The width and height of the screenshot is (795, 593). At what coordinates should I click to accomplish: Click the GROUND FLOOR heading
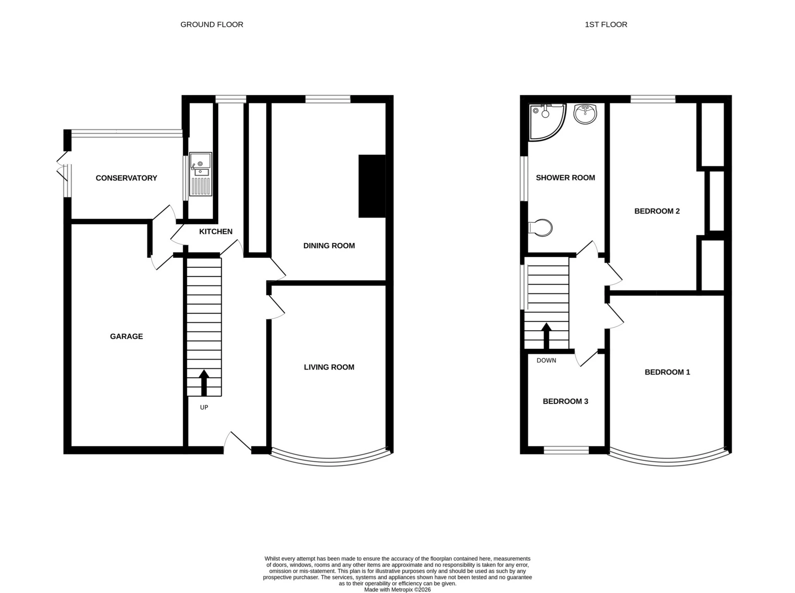pos(212,24)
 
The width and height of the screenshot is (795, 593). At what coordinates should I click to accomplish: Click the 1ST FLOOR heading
pos(606,24)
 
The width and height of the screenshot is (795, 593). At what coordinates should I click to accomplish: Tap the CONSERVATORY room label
pos(126,178)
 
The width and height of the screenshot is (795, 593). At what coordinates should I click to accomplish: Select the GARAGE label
pos(126,336)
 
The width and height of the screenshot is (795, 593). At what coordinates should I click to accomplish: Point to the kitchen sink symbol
pos(200,174)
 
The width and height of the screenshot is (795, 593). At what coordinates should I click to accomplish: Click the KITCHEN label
pos(216,231)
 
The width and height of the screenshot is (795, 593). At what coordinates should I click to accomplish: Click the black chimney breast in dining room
pos(372,186)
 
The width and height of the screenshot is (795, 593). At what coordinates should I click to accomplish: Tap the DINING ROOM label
pos(329,245)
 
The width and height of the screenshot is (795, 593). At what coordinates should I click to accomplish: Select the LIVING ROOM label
pos(329,367)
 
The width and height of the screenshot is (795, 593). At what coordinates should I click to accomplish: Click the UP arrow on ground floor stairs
pos(204,383)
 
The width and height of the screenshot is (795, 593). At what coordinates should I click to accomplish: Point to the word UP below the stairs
pos(204,407)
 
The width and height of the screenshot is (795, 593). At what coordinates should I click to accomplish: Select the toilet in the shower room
pos(541,228)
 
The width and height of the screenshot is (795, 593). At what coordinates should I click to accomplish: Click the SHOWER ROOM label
pos(565,178)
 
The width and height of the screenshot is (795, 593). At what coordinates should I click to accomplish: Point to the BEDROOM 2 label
pos(657,211)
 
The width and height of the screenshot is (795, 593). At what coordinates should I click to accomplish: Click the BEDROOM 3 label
pos(565,401)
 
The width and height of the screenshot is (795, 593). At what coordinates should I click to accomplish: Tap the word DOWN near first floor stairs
pos(546,360)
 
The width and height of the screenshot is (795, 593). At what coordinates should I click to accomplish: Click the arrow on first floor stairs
pos(546,336)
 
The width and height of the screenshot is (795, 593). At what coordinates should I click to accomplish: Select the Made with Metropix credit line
pos(397,590)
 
